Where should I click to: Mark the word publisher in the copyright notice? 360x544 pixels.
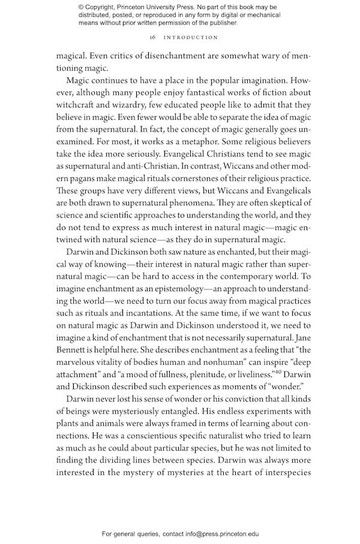coord(220,23)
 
